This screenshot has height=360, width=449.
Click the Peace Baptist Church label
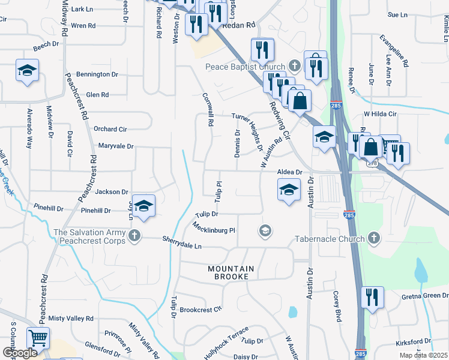coord(246,66)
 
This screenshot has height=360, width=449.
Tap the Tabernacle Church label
coord(330,239)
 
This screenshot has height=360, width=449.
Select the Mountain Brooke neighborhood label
coord(231,272)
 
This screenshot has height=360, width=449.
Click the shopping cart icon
coord(38,338)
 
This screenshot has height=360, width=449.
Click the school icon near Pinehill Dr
coord(143,206)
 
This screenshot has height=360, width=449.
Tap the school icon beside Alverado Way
coord(27,71)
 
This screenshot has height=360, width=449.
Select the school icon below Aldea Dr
coord(289,190)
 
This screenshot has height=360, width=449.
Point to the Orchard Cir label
coord(110,129)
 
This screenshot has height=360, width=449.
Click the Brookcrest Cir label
coord(200,310)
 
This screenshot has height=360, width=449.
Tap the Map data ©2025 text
coord(423,355)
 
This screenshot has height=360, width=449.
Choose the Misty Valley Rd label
coord(71,319)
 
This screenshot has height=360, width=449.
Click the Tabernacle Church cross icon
coord(373,239)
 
